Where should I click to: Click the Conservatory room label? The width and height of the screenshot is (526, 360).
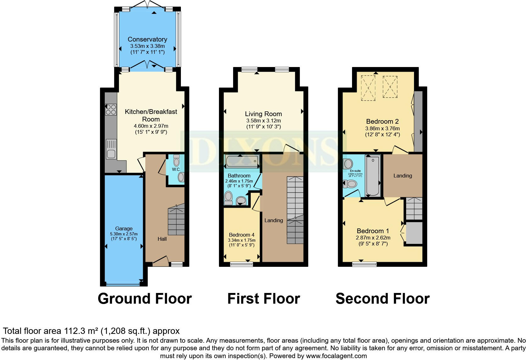click(x=147, y=39)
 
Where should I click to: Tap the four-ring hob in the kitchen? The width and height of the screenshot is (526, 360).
click(x=111, y=109)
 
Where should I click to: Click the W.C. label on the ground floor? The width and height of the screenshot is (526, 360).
click(x=176, y=169)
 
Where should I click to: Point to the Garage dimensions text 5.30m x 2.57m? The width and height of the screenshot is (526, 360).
click(x=124, y=234)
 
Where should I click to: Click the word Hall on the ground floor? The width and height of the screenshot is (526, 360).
click(x=162, y=239)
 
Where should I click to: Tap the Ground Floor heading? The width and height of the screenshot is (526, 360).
click(x=145, y=298)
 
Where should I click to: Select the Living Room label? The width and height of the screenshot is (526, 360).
click(x=263, y=114)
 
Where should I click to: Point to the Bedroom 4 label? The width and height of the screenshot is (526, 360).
click(x=242, y=235)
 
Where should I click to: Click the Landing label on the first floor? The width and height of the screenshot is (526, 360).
click(x=273, y=220)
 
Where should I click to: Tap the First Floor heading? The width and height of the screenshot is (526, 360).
click(x=264, y=298)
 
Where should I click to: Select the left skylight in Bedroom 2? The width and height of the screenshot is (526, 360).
click(x=368, y=88)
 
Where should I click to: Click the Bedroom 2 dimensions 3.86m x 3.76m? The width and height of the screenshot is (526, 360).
click(x=382, y=128)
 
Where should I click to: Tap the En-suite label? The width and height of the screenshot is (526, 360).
click(x=355, y=171)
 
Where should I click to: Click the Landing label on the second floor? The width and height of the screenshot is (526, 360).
click(x=402, y=176)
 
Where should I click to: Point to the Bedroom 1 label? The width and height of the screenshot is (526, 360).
click(x=373, y=231)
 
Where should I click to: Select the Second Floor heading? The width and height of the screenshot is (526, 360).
click(x=383, y=298)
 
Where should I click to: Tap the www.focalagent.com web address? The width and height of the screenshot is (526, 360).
click(x=336, y=356)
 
